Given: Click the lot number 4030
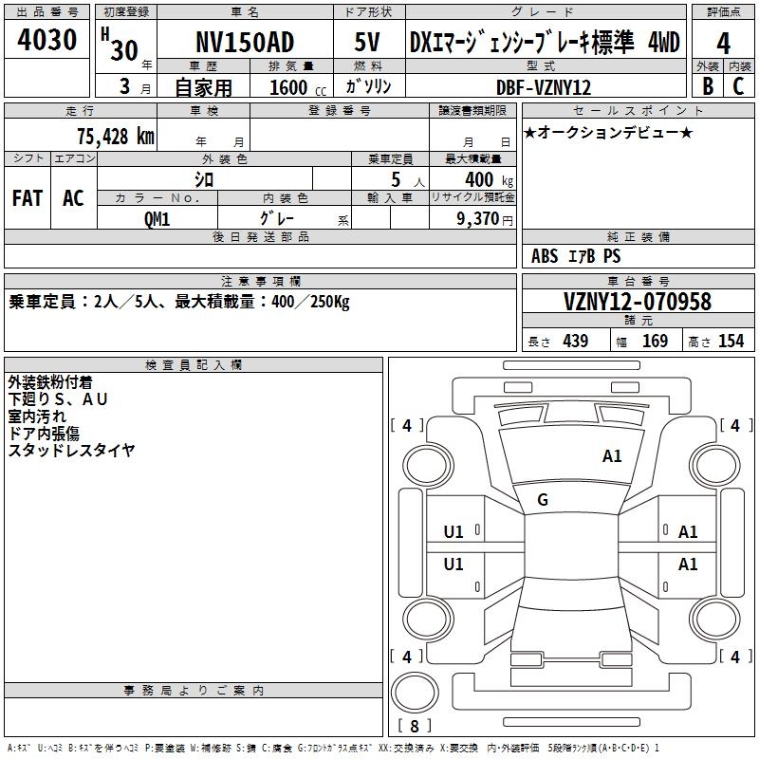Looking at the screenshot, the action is [x=46, y=41].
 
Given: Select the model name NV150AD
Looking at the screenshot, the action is [x=245, y=43].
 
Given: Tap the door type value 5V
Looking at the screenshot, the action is [x=366, y=43].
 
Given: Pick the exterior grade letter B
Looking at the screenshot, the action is [x=707, y=86].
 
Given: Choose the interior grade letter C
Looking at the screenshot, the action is [x=739, y=86].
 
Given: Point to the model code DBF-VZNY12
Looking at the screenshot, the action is [x=545, y=87].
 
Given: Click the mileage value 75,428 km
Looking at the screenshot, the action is [x=115, y=137].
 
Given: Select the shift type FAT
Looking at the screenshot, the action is [x=28, y=197].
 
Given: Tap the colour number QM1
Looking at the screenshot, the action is [x=157, y=218].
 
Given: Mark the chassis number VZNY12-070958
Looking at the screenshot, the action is [x=638, y=303].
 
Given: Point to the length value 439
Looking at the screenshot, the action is [x=575, y=342].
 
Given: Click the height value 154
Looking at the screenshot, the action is [x=731, y=342].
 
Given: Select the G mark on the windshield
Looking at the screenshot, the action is [x=543, y=500].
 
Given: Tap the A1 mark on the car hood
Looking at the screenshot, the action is [x=612, y=456].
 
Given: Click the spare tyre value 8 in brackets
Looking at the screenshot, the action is [x=415, y=727].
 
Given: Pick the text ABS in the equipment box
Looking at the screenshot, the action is [x=545, y=256].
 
